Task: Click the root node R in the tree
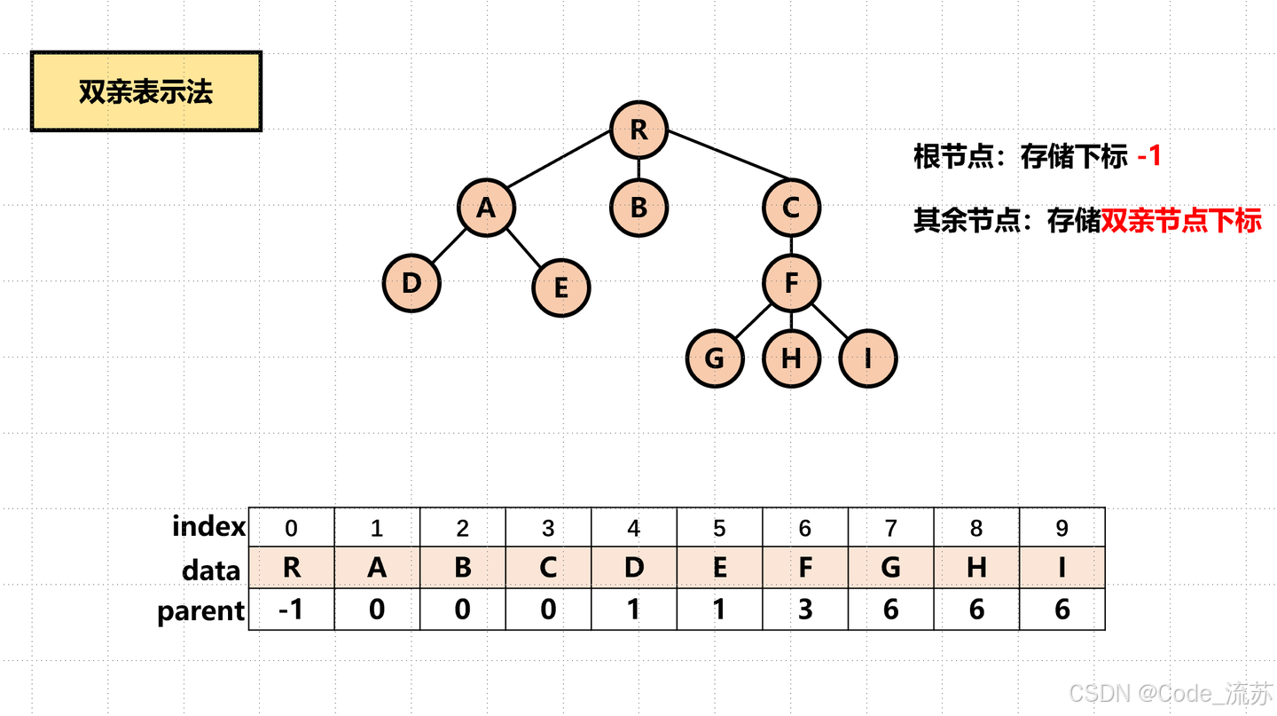coord(638,130)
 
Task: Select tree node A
coord(486,208)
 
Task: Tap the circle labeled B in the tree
coord(638,208)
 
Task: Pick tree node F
coord(792,283)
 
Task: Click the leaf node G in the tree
coord(715,358)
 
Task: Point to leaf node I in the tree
coord(868,358)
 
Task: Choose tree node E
coord(561,287)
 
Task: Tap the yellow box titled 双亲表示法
coord(146,91)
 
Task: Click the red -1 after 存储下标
coord(1149,157)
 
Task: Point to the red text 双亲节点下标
coord(1181,220)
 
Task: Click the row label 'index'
coord(209,527)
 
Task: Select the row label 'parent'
coord(201,611)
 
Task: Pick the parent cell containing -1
coord(292,610)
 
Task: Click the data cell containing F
coord(805,568)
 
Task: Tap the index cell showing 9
coord(1062,529)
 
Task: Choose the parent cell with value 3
coord(805,610)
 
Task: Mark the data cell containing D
coord(634,568)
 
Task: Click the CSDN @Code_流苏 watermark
coord(1171,692)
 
